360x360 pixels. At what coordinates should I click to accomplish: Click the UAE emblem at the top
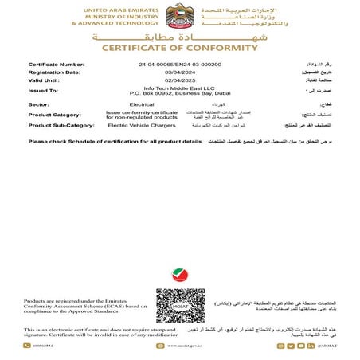179,16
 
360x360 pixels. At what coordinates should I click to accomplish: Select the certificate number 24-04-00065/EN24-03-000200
179,63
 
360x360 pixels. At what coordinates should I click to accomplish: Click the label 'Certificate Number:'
56,63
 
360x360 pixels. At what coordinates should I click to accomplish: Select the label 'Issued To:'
44,91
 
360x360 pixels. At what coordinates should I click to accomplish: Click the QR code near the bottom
180,304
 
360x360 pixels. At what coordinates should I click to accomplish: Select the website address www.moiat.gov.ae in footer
180,346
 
